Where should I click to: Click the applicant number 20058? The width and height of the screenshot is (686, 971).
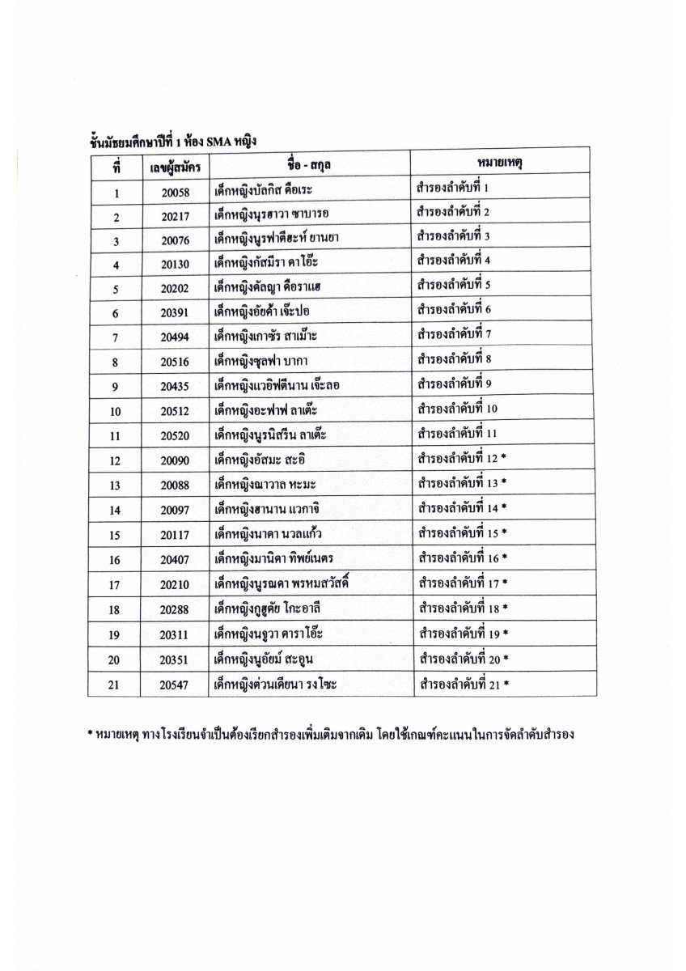pyautogui.click(x=175, y=193)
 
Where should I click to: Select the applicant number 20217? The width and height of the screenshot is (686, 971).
pyautogui.click(x=175, y=217)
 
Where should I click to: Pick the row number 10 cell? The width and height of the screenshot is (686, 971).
pyautogui.click(x=116, y=412)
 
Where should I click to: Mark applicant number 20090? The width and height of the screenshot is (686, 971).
pyautogui.click(x=175, y=460)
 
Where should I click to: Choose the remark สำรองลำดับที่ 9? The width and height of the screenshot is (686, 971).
pyautogui.click(x=454, y=385)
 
